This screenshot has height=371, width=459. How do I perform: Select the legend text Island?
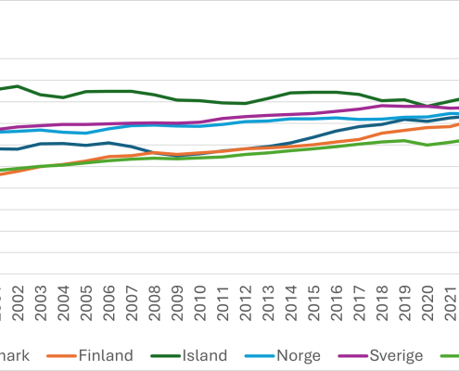click(202, 355)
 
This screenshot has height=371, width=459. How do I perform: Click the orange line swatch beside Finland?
click(60, 355)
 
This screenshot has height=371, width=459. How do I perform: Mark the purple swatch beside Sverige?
click(347, 355)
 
